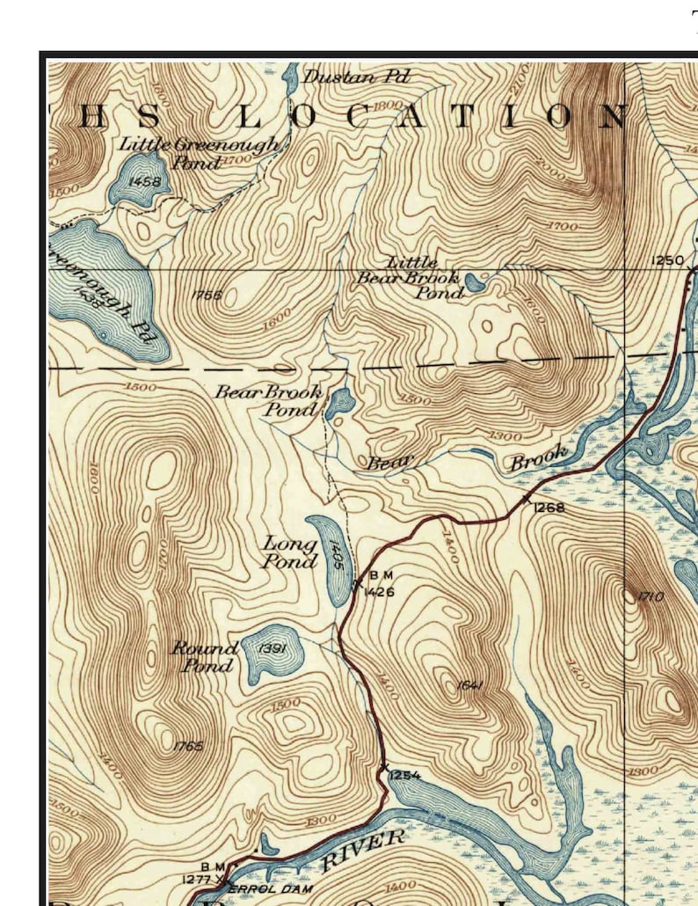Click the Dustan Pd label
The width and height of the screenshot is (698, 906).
[355, 77]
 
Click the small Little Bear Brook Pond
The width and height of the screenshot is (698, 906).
[474, 282]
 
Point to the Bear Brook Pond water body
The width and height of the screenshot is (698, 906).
[338, 403]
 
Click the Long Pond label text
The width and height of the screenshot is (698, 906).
[290, 552]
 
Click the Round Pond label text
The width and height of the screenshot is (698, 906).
[204, 656]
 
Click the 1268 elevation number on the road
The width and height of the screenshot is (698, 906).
[549, 508]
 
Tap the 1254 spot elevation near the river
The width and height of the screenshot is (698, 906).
[404, 775]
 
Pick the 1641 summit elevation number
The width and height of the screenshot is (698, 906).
[471, 685]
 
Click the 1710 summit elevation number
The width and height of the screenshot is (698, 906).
[651, 597]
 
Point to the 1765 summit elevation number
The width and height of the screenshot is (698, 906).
[188, 746]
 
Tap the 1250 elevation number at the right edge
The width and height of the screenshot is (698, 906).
[667, 259]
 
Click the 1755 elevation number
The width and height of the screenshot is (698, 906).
[207, 296]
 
